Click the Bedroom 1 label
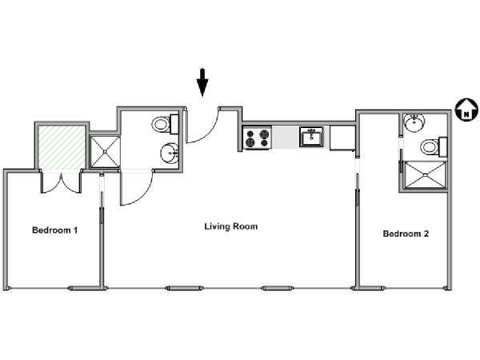54,230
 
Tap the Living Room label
231,226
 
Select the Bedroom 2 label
406,234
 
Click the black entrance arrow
202,82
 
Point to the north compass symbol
466,110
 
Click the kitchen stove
257,138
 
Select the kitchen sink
311,137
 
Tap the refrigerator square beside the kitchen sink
342,138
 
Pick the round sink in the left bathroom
170,153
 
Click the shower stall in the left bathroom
105,151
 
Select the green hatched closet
62,147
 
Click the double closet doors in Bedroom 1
62,183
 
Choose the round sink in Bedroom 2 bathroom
414,122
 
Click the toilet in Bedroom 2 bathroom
434,147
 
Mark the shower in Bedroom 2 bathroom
425,174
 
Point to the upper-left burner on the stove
250,134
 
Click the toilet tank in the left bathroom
174,124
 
